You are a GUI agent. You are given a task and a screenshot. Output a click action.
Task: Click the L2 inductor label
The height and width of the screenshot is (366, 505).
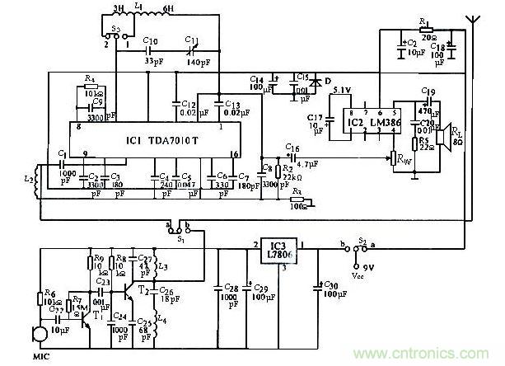[x=29, y=178]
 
